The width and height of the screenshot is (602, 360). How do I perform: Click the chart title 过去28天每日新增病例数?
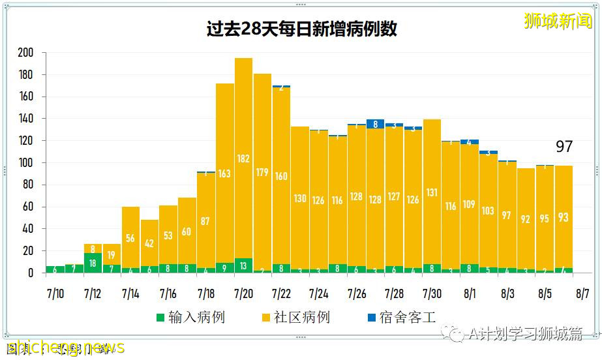[x=301, y=29]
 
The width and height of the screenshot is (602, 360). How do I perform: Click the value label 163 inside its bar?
[x=224, y=173]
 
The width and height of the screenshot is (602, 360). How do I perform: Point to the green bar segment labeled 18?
[x=93, y=263]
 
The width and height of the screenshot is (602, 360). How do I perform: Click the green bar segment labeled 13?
[x=243, y=265]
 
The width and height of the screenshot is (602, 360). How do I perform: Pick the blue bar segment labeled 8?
[x=375, y=124]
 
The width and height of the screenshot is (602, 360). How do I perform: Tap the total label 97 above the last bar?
[x=564, y=147]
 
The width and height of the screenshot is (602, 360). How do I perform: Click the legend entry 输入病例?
[x=190, y=318]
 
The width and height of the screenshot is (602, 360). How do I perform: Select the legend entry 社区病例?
[x=295, y=318]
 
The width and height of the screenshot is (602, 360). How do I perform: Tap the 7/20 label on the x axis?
[x=243, y=293]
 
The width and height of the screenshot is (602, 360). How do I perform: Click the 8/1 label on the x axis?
[x=470, y=293]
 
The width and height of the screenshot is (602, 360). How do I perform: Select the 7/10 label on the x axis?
[x=55, y=293]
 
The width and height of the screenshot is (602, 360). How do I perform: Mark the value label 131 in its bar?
[x=432, y=192]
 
